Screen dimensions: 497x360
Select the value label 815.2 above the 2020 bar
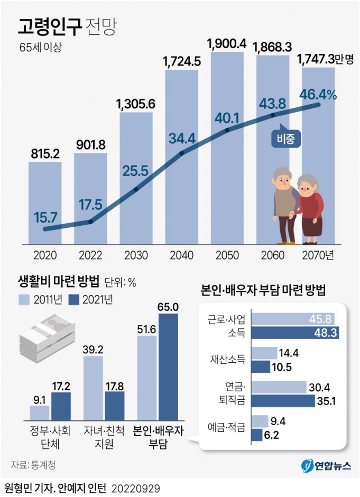click(44, 153)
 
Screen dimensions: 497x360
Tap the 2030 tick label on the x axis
click(136, 255)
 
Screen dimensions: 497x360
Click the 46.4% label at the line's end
click(318, 95)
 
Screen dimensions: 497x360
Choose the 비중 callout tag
click(285, 139)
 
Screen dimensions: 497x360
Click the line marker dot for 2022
click(90, 222)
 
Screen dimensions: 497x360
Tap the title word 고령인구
click(50, 26)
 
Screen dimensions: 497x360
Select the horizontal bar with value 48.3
click(294, 333)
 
